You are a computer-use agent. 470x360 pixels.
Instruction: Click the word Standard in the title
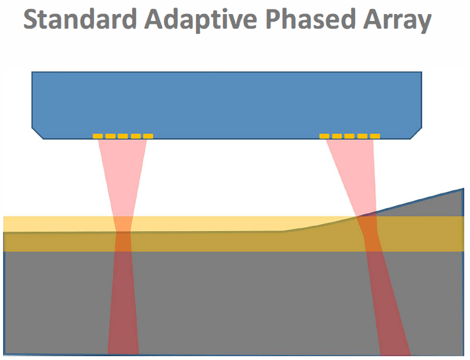point(80,19)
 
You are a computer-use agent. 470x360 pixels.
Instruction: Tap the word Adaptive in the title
point(201,20)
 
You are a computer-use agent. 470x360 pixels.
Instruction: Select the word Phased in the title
point(310,19)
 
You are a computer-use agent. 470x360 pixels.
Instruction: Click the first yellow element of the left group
point(98,136)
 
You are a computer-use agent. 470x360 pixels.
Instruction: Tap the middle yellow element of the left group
point(123,136)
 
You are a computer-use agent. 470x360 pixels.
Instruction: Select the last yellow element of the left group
point(148,136)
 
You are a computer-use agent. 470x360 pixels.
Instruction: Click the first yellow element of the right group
point(324,136)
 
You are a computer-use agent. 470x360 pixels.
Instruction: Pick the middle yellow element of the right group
point(349,136)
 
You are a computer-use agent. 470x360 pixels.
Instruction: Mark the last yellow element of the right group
point(375,136)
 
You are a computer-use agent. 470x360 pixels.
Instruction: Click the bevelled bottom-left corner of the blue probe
point(38,133)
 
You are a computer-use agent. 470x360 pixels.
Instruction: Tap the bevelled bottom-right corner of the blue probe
point(416,133)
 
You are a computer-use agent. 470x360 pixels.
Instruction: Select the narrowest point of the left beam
point(123,232)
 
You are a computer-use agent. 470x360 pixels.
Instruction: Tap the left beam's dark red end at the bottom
point(123,347)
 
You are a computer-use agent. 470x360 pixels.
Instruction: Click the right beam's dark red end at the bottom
point(395,347)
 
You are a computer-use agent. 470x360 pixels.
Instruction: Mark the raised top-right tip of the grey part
point(464,189)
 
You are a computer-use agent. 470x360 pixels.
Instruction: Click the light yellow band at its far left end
point(9,224)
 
